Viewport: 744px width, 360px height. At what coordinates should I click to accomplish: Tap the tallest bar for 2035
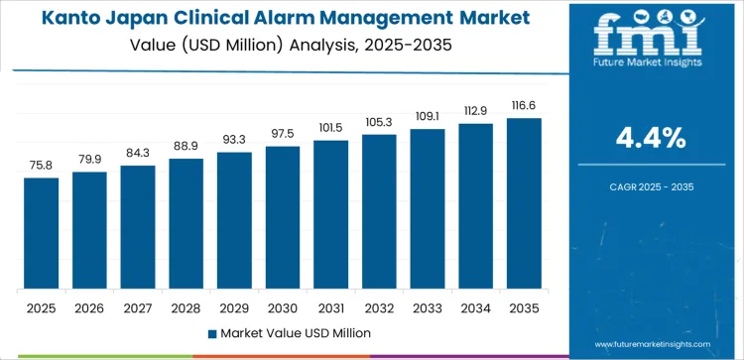(x=524, y=203)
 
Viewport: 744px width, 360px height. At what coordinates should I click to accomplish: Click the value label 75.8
(x=42, y=166)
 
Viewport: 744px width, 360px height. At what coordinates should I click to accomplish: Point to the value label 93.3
(x=234, y=140)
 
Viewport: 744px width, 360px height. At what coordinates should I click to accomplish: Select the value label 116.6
(x=524, y=105)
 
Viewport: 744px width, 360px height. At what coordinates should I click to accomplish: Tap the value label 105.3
(x=379, y=122)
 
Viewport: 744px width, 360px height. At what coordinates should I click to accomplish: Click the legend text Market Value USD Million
(x=296, y=332)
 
